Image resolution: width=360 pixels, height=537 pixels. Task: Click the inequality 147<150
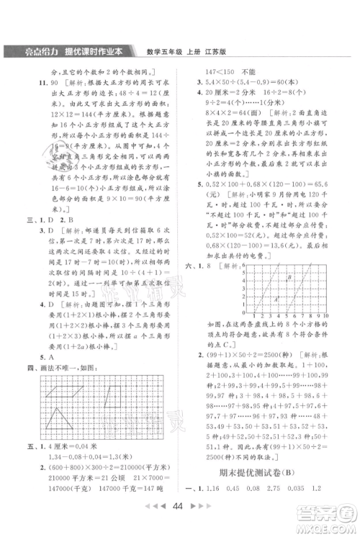[x=222, y=73]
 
